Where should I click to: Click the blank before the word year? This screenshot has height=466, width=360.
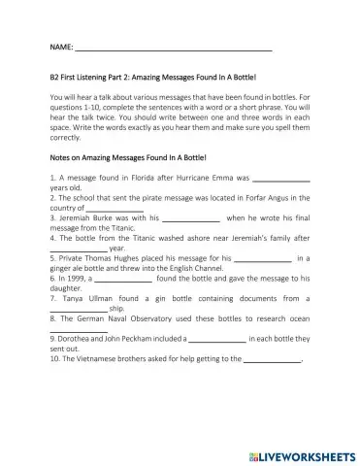coord(77,249)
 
